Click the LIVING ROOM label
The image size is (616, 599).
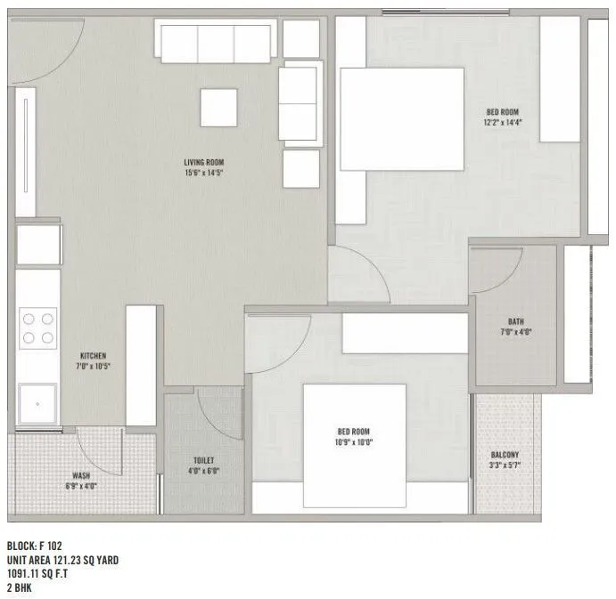[203, 162]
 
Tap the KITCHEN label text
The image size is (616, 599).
[94, 354]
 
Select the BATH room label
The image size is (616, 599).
[515, 321]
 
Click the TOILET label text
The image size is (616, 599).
[203, 460]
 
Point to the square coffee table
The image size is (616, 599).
[218, 108]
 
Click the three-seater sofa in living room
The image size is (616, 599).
[214, 41]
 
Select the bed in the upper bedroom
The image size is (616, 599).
[401, 118]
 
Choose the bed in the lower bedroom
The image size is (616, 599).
[354, 433]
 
